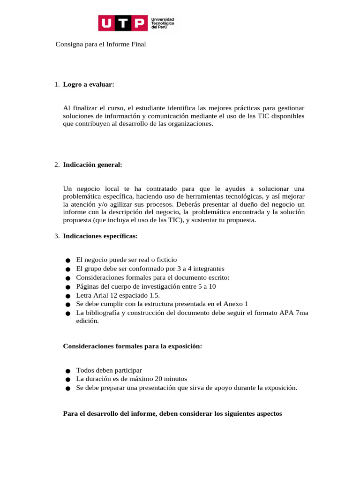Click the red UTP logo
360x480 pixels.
pyautogui.click(x=122, y=23)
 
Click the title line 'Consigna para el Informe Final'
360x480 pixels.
pyautogui.click(x=101, y=44)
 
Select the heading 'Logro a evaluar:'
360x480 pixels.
pyautogui.click(x=89, y=84)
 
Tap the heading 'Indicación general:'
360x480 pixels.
pyautogui.click(x=92, y=165)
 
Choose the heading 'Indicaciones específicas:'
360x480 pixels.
pyautogui.click(x=100, y=236)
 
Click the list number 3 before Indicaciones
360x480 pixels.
pyautogui.click(x=56, y=236)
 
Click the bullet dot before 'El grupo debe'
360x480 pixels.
pyautogui.click(x=68, y=269)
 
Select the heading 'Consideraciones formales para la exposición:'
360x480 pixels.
pyautogui.click(x=133, y=346)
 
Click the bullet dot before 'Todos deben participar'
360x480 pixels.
pyautogui.click(x=68, y=371)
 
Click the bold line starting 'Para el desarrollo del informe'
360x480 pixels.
pyautogui.click(x=172, y=414)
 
